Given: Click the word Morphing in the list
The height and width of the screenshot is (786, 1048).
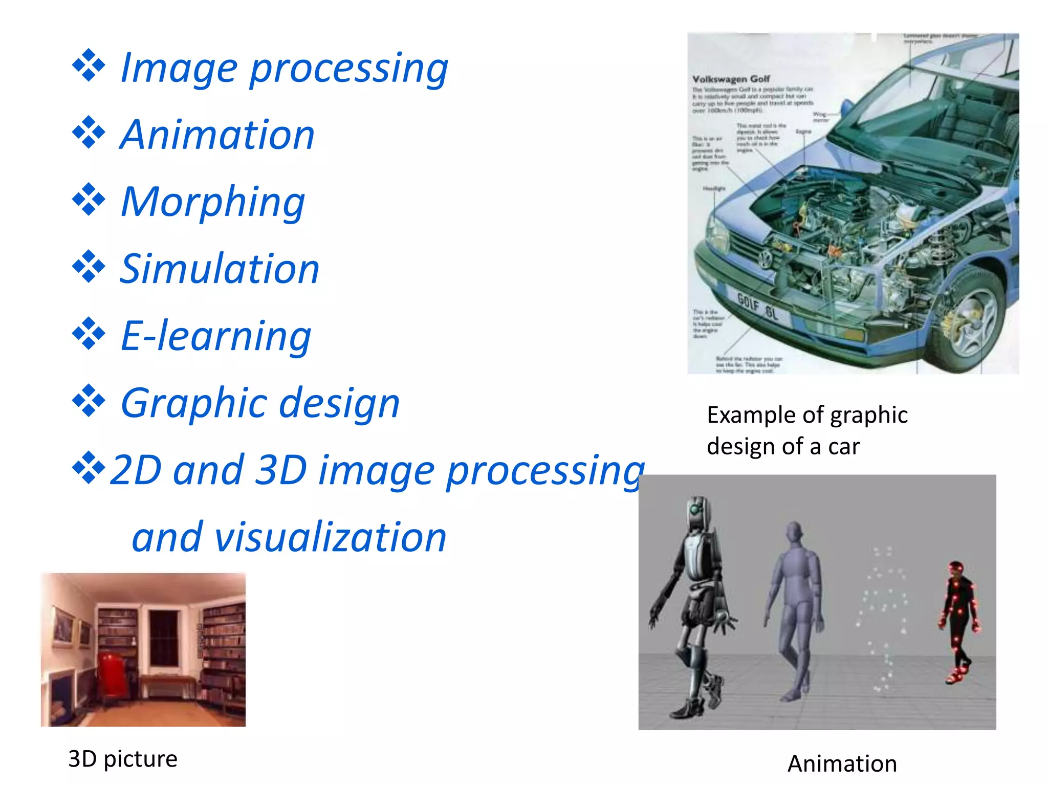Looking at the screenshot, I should [213, 202].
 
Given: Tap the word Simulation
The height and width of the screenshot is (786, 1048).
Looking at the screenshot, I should [220, 269].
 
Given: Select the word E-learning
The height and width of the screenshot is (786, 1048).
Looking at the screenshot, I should [216, 336].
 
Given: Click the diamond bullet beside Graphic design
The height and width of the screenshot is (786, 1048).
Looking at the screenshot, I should [89, 400].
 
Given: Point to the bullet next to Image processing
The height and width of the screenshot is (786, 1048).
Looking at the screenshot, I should [89, 65].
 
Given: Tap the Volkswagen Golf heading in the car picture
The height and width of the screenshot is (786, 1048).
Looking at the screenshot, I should [731, 79].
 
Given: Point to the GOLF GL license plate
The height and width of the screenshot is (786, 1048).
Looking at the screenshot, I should [758, 305].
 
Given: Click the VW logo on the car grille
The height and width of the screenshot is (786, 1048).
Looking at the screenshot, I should [765, 258].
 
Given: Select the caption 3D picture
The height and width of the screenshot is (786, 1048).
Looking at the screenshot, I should [123, 759].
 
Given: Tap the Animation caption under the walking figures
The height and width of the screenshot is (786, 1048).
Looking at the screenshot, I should [842, 763].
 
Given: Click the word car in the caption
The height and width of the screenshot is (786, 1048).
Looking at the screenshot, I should [844, 447].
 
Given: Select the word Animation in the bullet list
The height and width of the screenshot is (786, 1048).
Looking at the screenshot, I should [217, 135].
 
